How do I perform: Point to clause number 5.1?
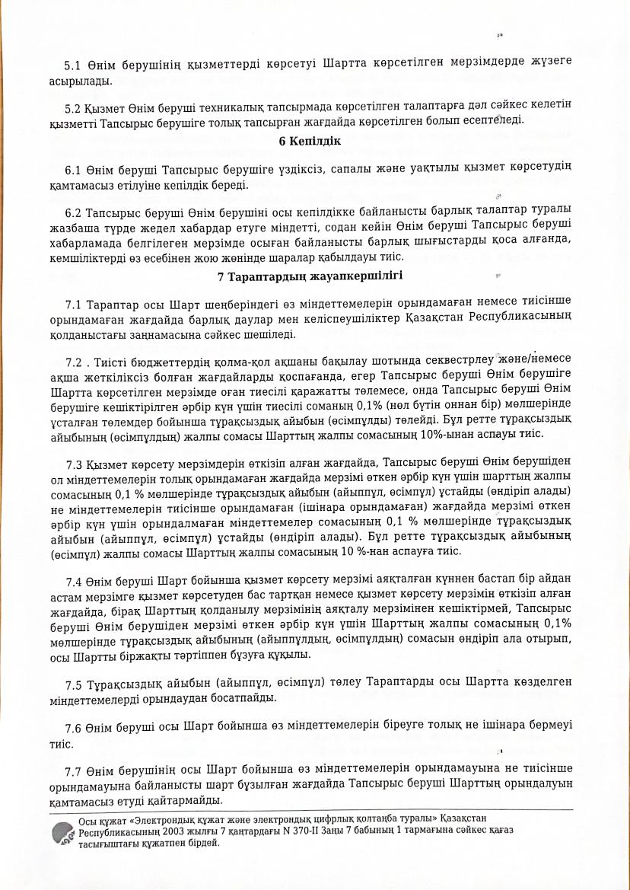(x=75, y=59)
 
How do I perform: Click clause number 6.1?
(x=75, y=167)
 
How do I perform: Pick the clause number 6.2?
(x=75, y=211)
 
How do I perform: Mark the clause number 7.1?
(x=75, y=305)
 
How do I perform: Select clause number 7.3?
(x=75, y=462)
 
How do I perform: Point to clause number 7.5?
(x=75, y=681)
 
